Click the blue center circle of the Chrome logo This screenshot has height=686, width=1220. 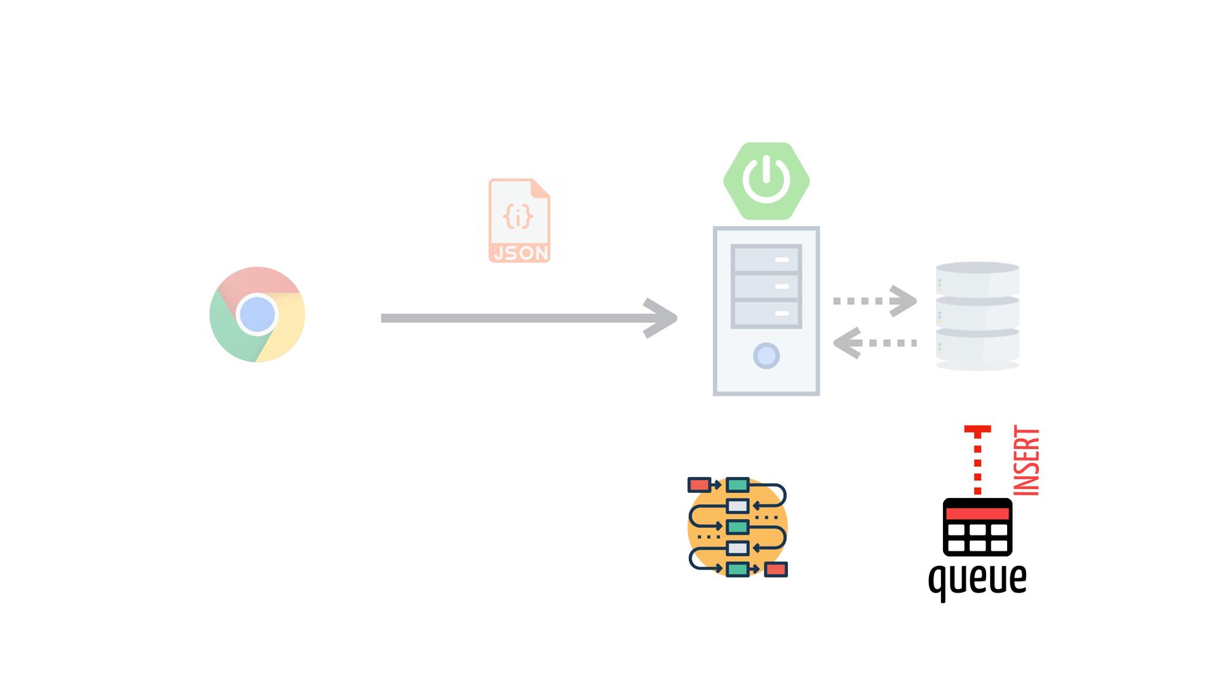(257, 314)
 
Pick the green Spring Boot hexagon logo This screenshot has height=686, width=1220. (766, 181)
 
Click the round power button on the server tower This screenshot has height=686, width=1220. (766, 356)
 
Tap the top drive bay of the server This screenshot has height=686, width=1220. (766, 259)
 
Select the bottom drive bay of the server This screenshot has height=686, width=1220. (766, 313)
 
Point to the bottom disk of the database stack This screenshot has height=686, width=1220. (977, 346)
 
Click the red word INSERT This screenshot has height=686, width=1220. (1026, 461)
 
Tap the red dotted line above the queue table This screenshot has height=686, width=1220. (977, 464)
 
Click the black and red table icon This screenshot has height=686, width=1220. (977, 527)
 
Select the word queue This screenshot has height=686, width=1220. (977, 579)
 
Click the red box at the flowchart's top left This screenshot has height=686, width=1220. (699, 485)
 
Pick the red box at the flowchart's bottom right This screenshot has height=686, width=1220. (776, 569)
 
